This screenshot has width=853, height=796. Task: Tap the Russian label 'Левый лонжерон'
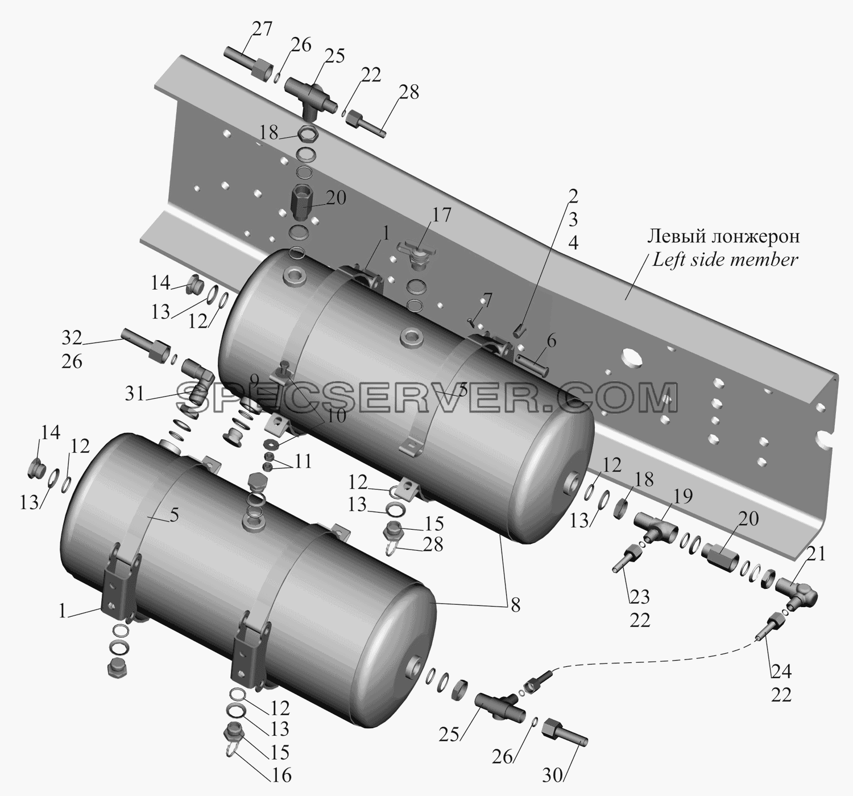pos(724,237)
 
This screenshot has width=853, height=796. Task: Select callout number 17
pos(441,215)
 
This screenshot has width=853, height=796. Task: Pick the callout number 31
pos(134,393)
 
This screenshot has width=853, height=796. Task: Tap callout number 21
pos(817,554)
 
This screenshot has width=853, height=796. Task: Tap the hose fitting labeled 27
pos(247,62)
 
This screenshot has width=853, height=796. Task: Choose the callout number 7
pos(487,300)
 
